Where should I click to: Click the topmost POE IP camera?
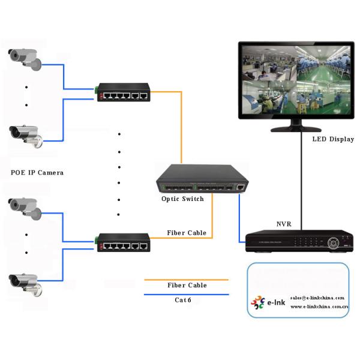pyautogui.click(x=25, y=57)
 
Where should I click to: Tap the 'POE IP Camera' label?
pyautogui.click(x=37, y=173)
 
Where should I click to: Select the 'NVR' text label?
pyautogui.click(x=284, y=224)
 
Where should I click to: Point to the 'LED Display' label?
pyautogui.click(x=333, y=139)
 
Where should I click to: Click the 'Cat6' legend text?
pyautogui.click(x=183, y=299)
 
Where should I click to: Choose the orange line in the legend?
pyautogui.click(x=186, y=279)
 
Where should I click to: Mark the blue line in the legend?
pyautogui.click(x=186, y=294)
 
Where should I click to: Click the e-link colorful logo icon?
pyautogui.click(x=257, y=303)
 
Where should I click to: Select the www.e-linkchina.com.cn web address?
pyautogui.click(x=319, y=307)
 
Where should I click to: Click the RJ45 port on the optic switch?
pyautogui.click(x=241, y=187)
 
